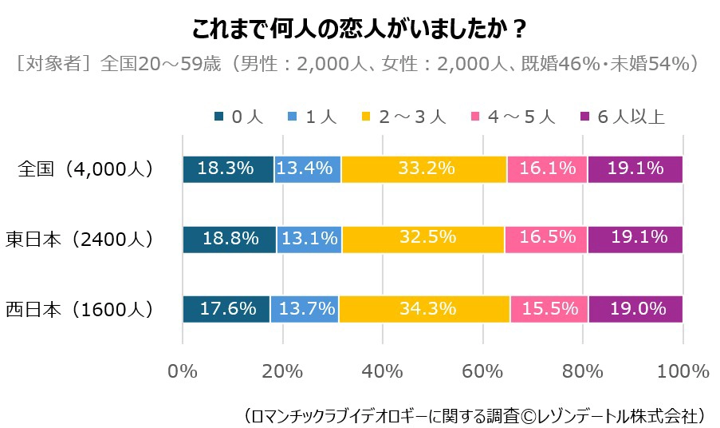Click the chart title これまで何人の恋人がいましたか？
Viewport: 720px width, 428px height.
pyautogui.click(x=359, y=30)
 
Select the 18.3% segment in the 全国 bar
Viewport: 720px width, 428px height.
pyautogui.click(x=228, y=169)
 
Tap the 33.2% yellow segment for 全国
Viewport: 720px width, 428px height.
pyautogui.click(x=423, y=169)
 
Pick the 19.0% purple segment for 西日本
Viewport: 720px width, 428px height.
pyautogui.click(x=635, y=308)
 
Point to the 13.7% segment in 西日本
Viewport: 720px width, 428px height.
pyautogui.click(x=305, y=308)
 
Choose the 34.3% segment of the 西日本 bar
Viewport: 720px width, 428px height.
pyautogui.click(x=424, y=308)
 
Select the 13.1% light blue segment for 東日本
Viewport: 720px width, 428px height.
pyautogui.click(x=309, y=239)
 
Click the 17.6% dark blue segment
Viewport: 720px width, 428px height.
pyautogui.click(x=226, y=308)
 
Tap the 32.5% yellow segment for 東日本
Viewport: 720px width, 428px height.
pyautogui.click(x=423, y=239)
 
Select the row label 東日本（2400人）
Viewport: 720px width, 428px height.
pyautogui.click(x=80, y=239)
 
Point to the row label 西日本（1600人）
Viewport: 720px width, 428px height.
pyautogui.click(x=80, y=308)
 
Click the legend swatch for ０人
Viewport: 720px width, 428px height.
pyautogui.click(x=219, y=117)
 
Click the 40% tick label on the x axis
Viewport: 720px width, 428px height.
pyautogui.click(x=383, y=371)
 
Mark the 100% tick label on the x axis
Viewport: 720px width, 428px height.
pyautogui.click(x=683, y=371)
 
